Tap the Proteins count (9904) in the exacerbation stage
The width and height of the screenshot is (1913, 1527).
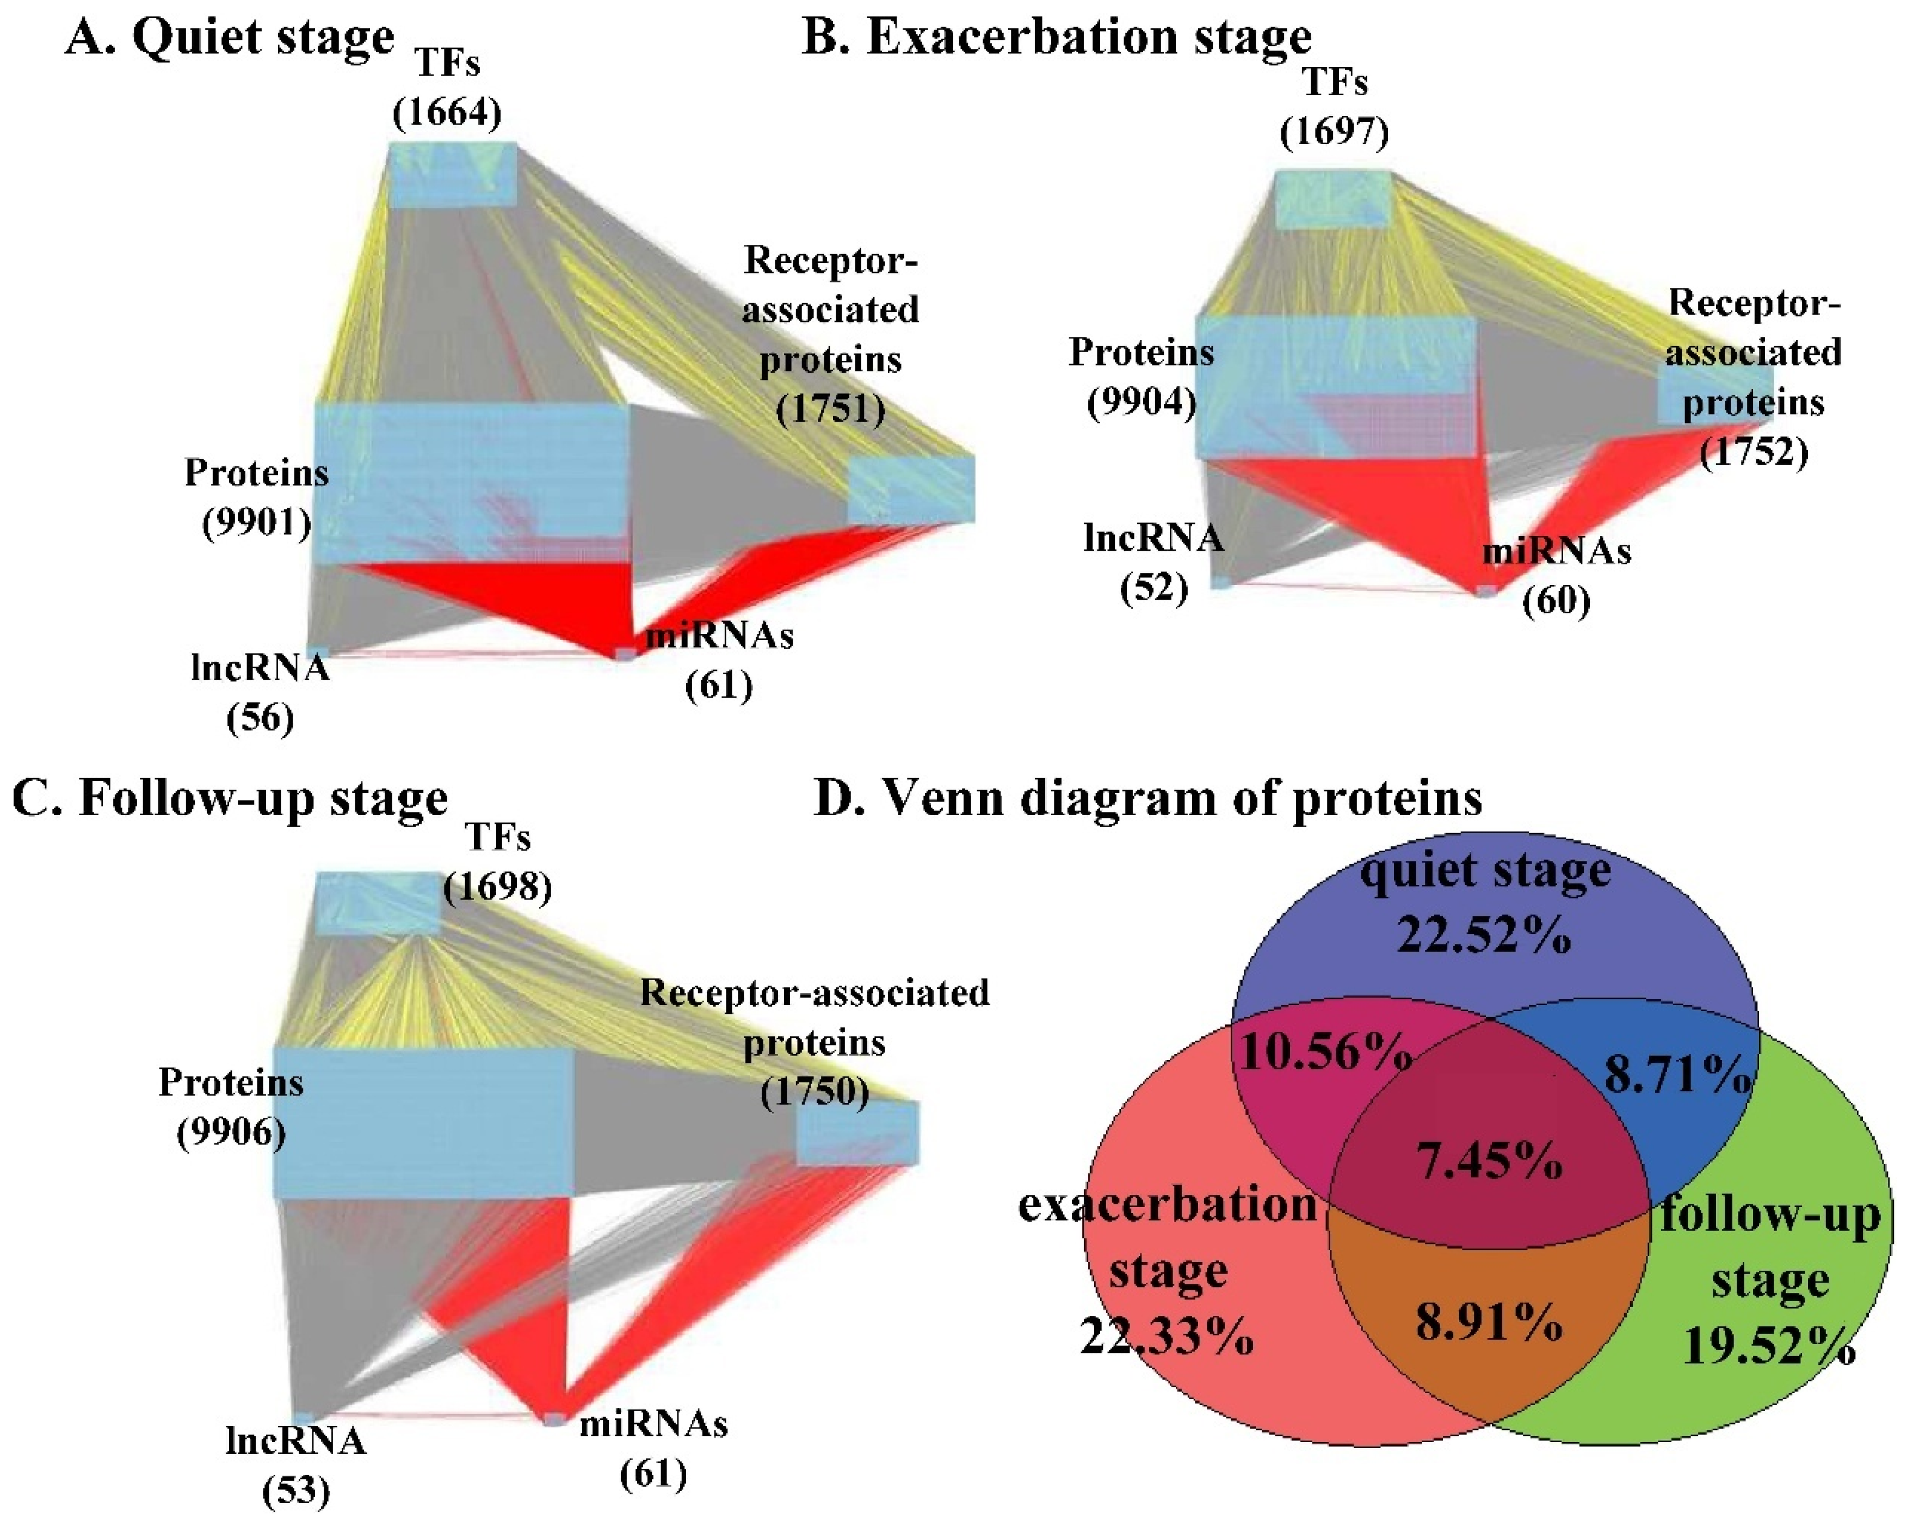(1142, 402)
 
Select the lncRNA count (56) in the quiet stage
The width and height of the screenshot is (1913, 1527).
(260, 717)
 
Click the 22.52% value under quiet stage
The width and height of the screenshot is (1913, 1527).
(1484, 934)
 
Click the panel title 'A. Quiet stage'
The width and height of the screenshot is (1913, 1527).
(229, 37)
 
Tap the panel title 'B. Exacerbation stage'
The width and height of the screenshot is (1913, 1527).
(1056, 37)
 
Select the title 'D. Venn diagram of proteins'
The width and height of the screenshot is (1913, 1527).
(1148, 798)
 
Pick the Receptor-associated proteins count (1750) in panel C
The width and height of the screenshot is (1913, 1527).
(814, 1091)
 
